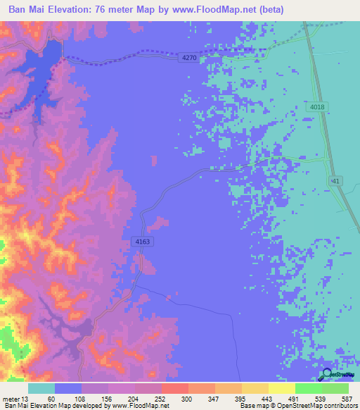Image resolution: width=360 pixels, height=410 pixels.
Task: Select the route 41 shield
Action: click(x=336, y=181)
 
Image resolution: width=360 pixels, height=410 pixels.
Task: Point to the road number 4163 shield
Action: click(x=142, y=241)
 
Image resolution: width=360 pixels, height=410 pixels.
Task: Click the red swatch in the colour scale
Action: click(x=174, y=388)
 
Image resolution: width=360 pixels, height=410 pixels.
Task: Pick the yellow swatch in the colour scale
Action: click(x=281, y=388)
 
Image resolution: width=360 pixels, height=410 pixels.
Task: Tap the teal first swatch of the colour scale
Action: click(x=41, y=388)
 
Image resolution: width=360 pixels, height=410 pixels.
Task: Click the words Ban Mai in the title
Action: click(x=27, y=11)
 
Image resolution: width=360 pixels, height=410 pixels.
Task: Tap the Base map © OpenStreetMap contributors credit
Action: click(x=298, y=405)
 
